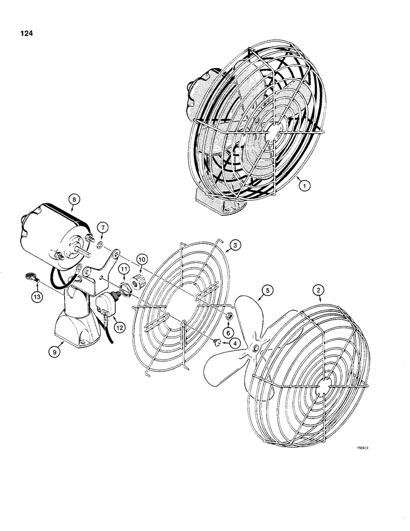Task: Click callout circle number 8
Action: pyautogui.click(x=74, y=200)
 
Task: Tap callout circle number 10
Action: pyautogui.click(x=142, y=258)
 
